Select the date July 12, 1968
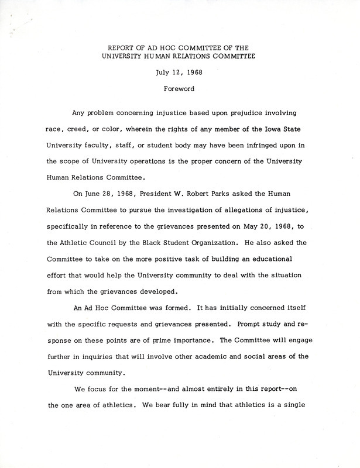point(180,74)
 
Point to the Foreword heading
point(180,90)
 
